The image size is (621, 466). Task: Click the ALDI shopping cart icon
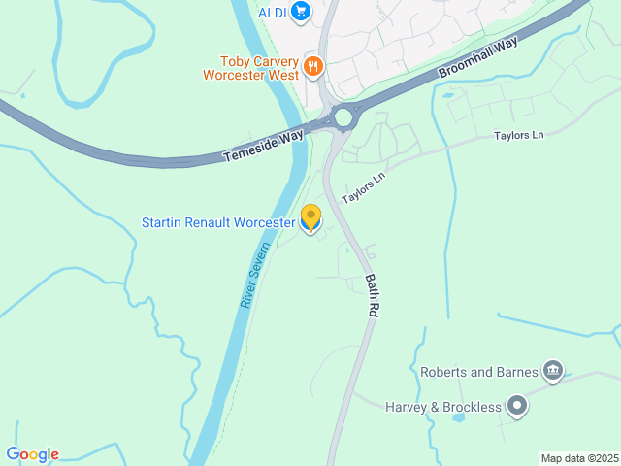tap(300, 12)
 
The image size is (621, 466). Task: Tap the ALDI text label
tap(272, 12)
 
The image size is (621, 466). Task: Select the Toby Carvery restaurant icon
tap(312, 66)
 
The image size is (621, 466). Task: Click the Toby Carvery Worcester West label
tap(250, 66)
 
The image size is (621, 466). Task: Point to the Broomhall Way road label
tap(478, 58)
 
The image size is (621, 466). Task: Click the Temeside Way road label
tap(264, 144)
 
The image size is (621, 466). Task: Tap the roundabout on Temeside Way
tap(343, 117)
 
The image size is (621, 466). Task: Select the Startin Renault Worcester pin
tap(310, 218)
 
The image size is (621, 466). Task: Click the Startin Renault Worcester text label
tap(218, 222)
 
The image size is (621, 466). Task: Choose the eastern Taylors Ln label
tap(518, 135)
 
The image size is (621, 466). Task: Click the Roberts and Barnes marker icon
tap(553, 369)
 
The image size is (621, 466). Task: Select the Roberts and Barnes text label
tap(477, 371)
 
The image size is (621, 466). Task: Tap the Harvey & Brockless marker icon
tap(517, 406)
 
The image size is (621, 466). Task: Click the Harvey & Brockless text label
tap(441, 406)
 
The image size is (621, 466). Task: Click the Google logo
tap(33, 454)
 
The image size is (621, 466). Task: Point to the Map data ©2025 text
tap(579, 458)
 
